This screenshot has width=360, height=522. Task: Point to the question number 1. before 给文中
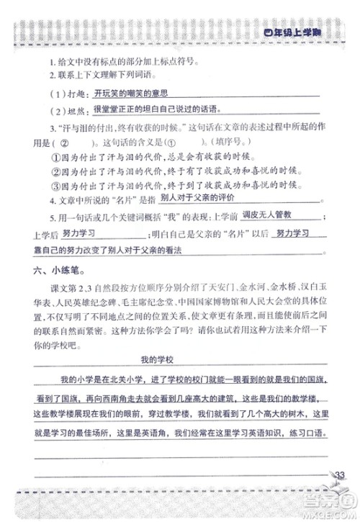click(53, 61)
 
